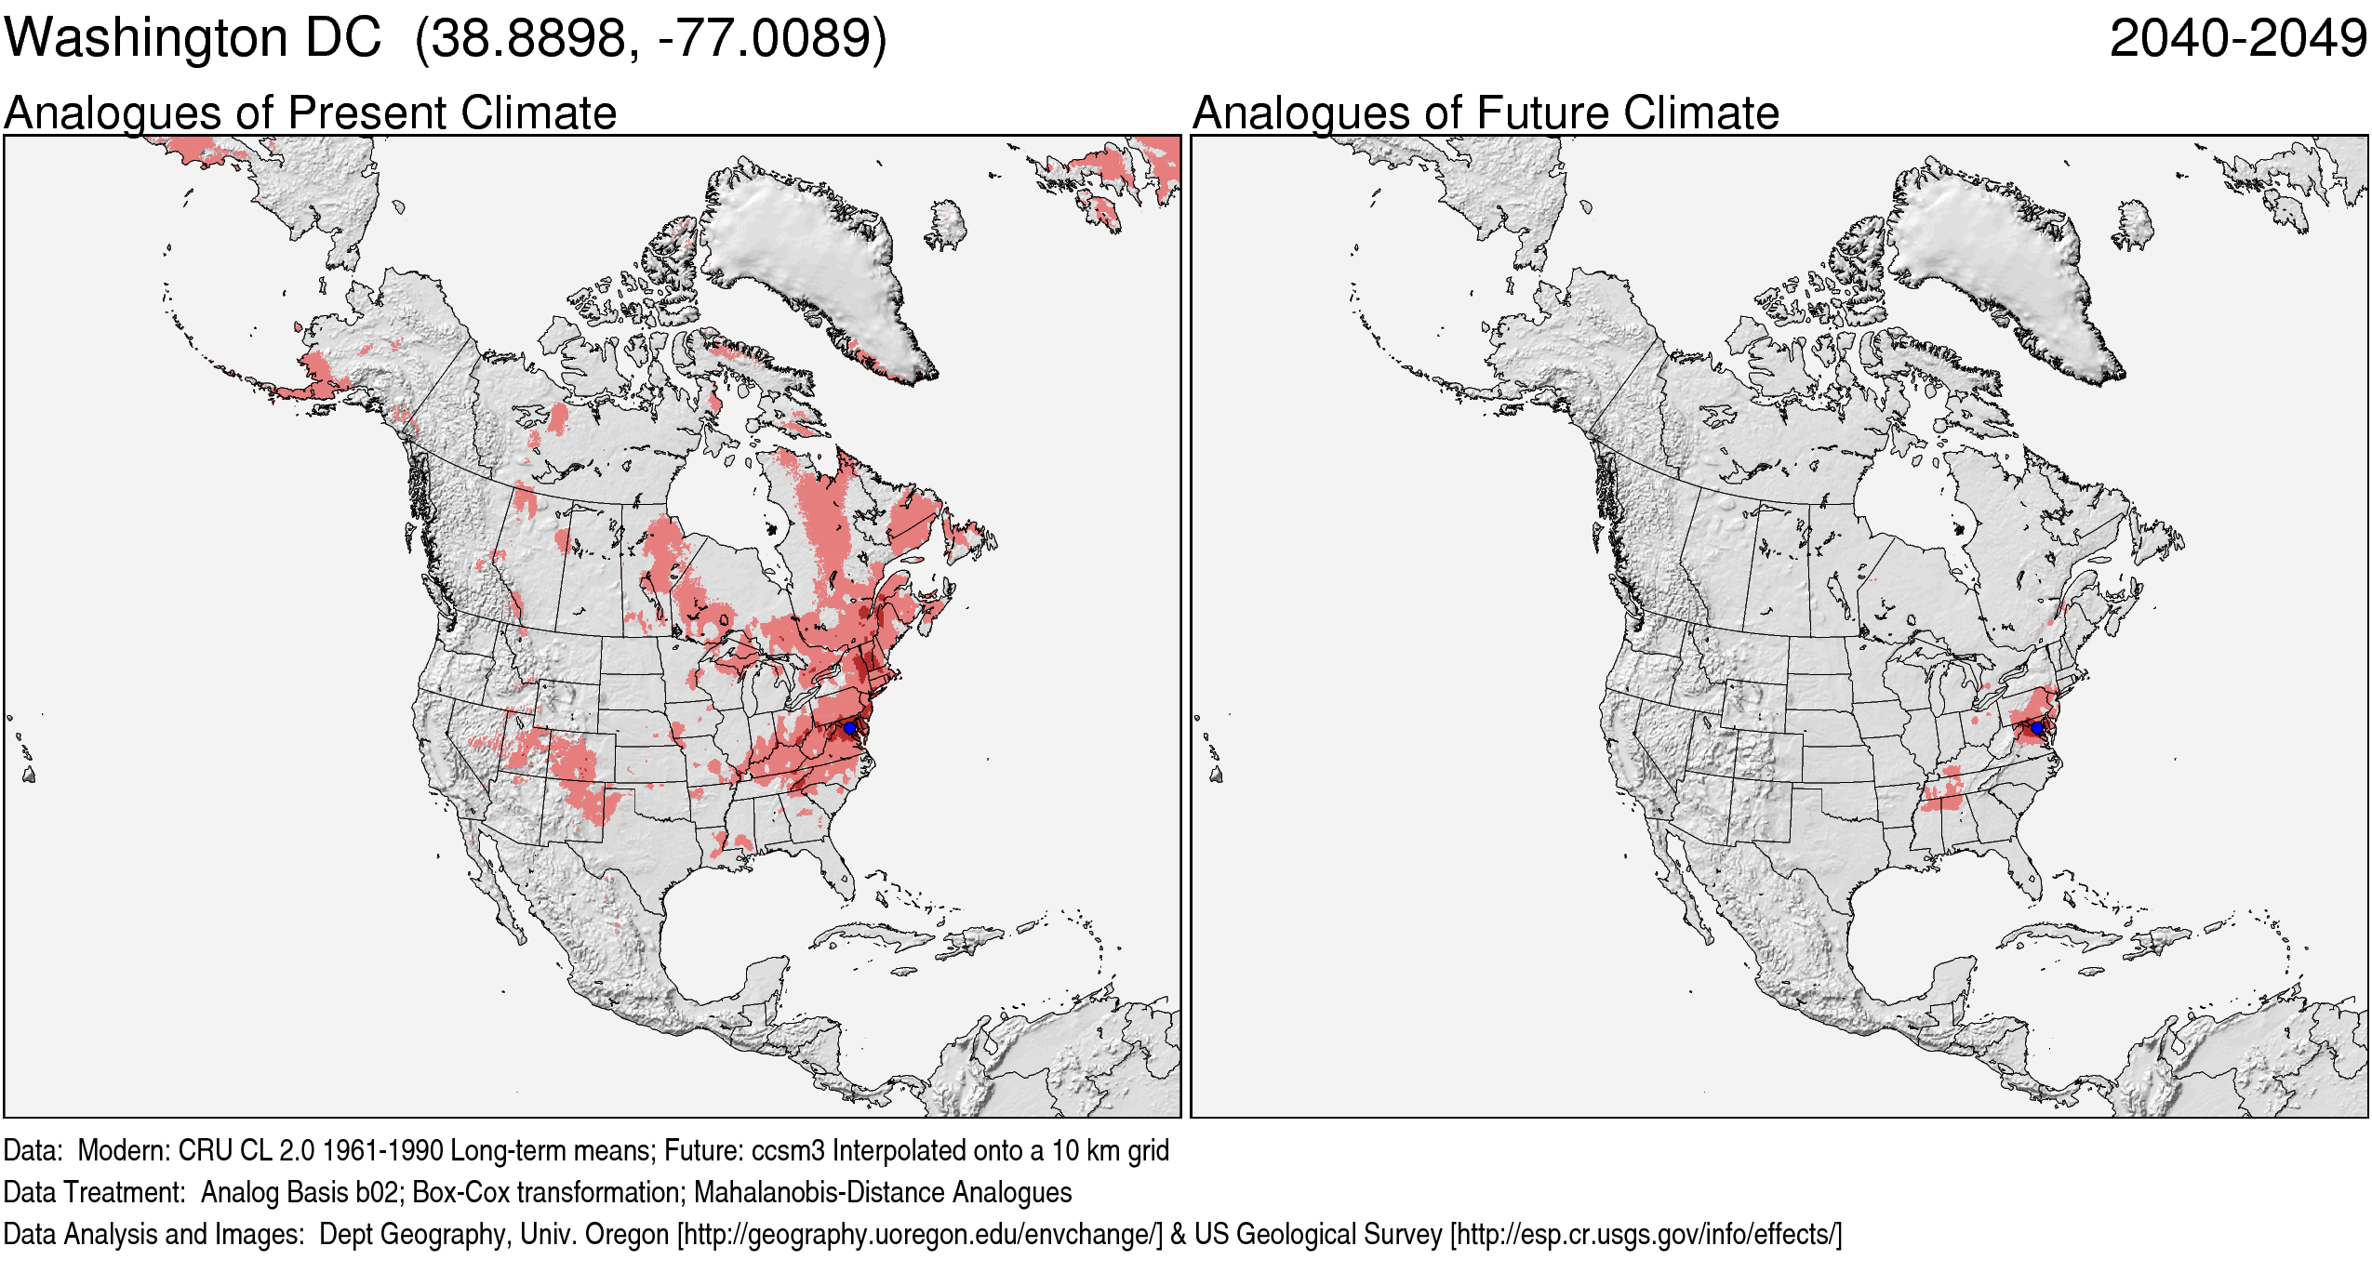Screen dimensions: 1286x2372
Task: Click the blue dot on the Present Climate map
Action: point(849,727)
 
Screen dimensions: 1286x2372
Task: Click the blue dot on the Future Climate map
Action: point(2037,727)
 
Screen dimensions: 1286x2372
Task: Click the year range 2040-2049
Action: point(2237,39)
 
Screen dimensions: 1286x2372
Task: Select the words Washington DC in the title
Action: point(193,39)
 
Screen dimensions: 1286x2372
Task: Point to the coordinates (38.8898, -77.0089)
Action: point(651,39)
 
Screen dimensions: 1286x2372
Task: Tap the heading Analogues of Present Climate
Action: point(310,113)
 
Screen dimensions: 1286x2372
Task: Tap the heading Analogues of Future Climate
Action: point(1486,113)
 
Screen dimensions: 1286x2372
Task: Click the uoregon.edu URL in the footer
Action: point(920,1234)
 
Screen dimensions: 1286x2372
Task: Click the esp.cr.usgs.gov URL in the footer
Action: point(1646,1234)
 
